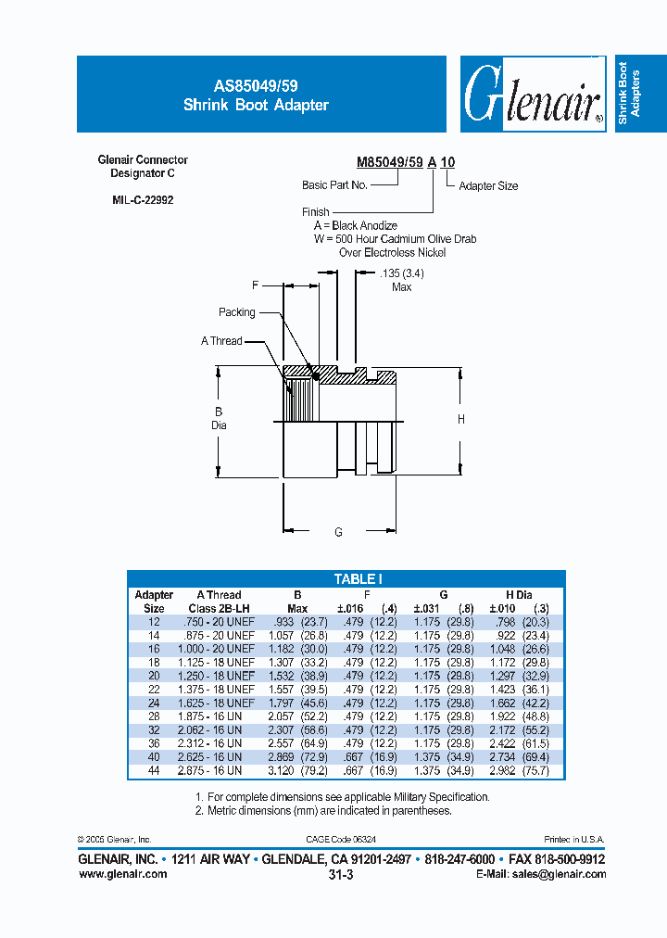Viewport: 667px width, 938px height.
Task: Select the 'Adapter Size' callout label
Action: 488,186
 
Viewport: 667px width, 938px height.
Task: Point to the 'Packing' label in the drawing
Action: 236,312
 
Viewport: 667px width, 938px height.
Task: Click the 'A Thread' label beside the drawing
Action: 221,341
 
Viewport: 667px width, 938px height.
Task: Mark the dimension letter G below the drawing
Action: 339,532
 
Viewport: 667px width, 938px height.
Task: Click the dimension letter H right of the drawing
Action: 461,420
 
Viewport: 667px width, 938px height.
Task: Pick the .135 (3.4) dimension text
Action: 401,273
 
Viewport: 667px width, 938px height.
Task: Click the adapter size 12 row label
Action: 154,622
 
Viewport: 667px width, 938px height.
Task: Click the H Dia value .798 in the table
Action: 507,622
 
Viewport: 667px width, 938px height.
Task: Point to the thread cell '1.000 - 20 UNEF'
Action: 215,649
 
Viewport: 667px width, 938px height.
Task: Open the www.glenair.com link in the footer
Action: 123,874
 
